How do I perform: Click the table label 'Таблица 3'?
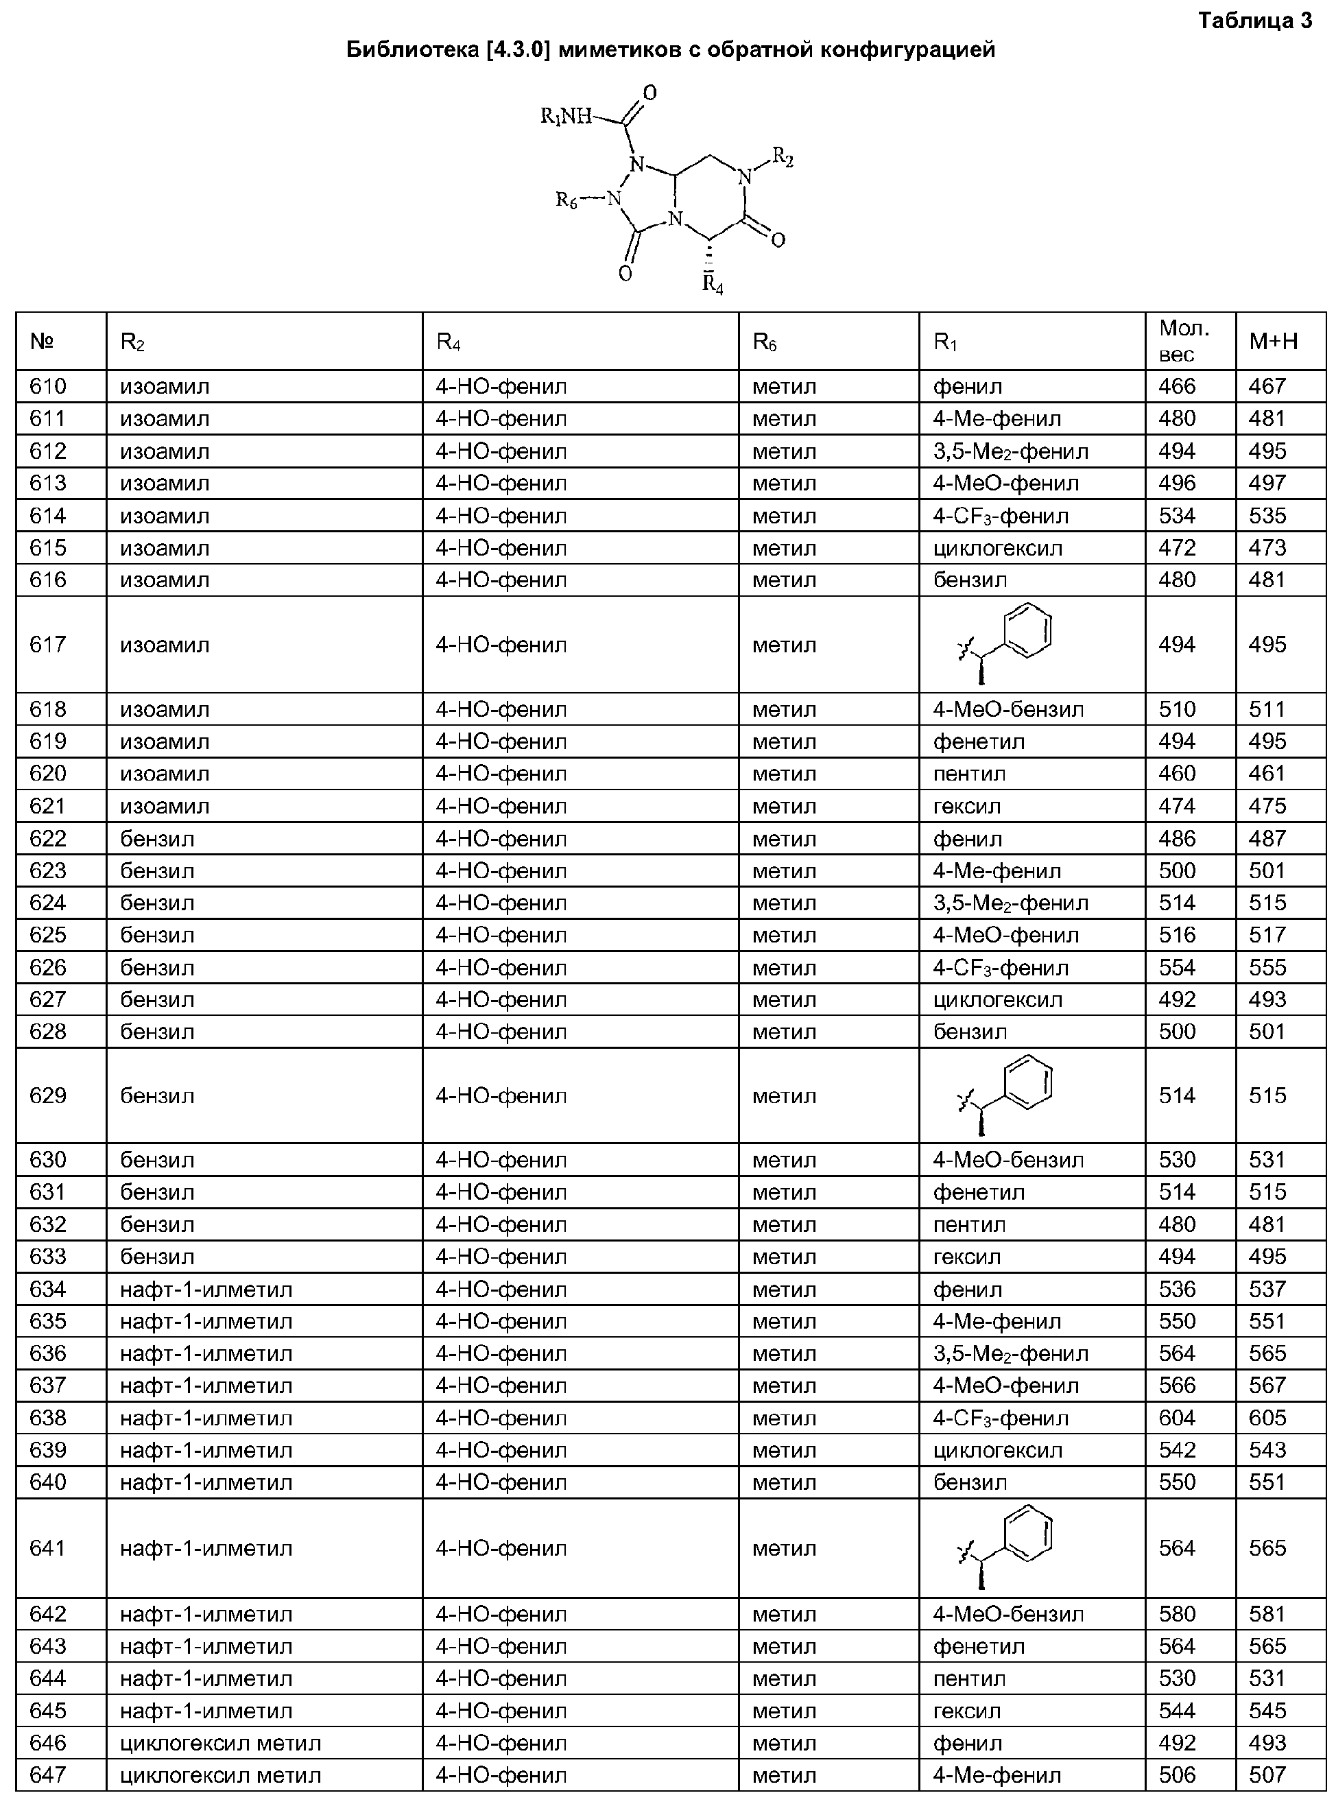(x=1255, y=20)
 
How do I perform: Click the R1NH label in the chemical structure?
(x=565, y=117)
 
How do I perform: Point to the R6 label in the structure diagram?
(x=567, y=200)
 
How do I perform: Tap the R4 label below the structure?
(x=713, y=285)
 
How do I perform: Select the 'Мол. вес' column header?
(x=1184, y=340)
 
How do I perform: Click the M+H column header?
(x=1273, y=341)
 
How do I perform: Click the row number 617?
(x=48, y=645)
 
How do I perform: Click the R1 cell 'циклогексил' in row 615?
(x=997, y=548)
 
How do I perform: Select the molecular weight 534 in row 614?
(x=1177, y=516)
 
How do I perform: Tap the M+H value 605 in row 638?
(x=1267, y=1418)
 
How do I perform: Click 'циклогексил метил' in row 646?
(x=220, y=1742)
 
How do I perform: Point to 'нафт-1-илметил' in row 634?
(x=206, y=1289)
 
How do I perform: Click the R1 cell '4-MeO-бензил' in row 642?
(x=1007, y=1614)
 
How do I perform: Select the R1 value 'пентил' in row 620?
(x=969, y=774)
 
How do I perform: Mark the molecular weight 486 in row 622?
(x=1177, y=838)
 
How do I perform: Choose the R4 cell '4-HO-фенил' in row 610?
(x=501, y=386)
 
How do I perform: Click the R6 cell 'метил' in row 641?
(x=784, y=1548)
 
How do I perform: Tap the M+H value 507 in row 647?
(x=1267, y=1775)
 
